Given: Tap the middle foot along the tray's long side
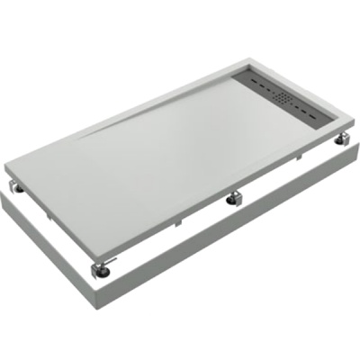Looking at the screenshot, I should pos(237,197).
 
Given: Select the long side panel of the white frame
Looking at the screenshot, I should pos(234,243).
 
